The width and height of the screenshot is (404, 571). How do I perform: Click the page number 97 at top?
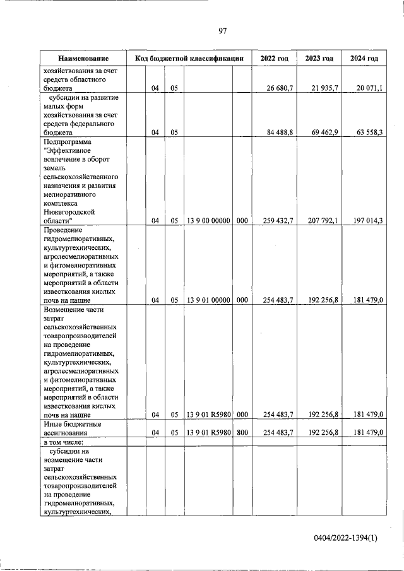click(222, 31)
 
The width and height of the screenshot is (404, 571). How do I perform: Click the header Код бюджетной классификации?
click(189, 59)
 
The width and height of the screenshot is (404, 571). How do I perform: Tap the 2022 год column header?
click(274, 59)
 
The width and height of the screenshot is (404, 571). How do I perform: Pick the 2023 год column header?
click(319, 59)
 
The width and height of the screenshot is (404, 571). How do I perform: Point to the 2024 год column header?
click(364, 59)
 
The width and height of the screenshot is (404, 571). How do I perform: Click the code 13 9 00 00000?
click(208, 221)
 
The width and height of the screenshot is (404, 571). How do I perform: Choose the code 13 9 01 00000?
click(208, 300)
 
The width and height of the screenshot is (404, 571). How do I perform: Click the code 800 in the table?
click(241, 432)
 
